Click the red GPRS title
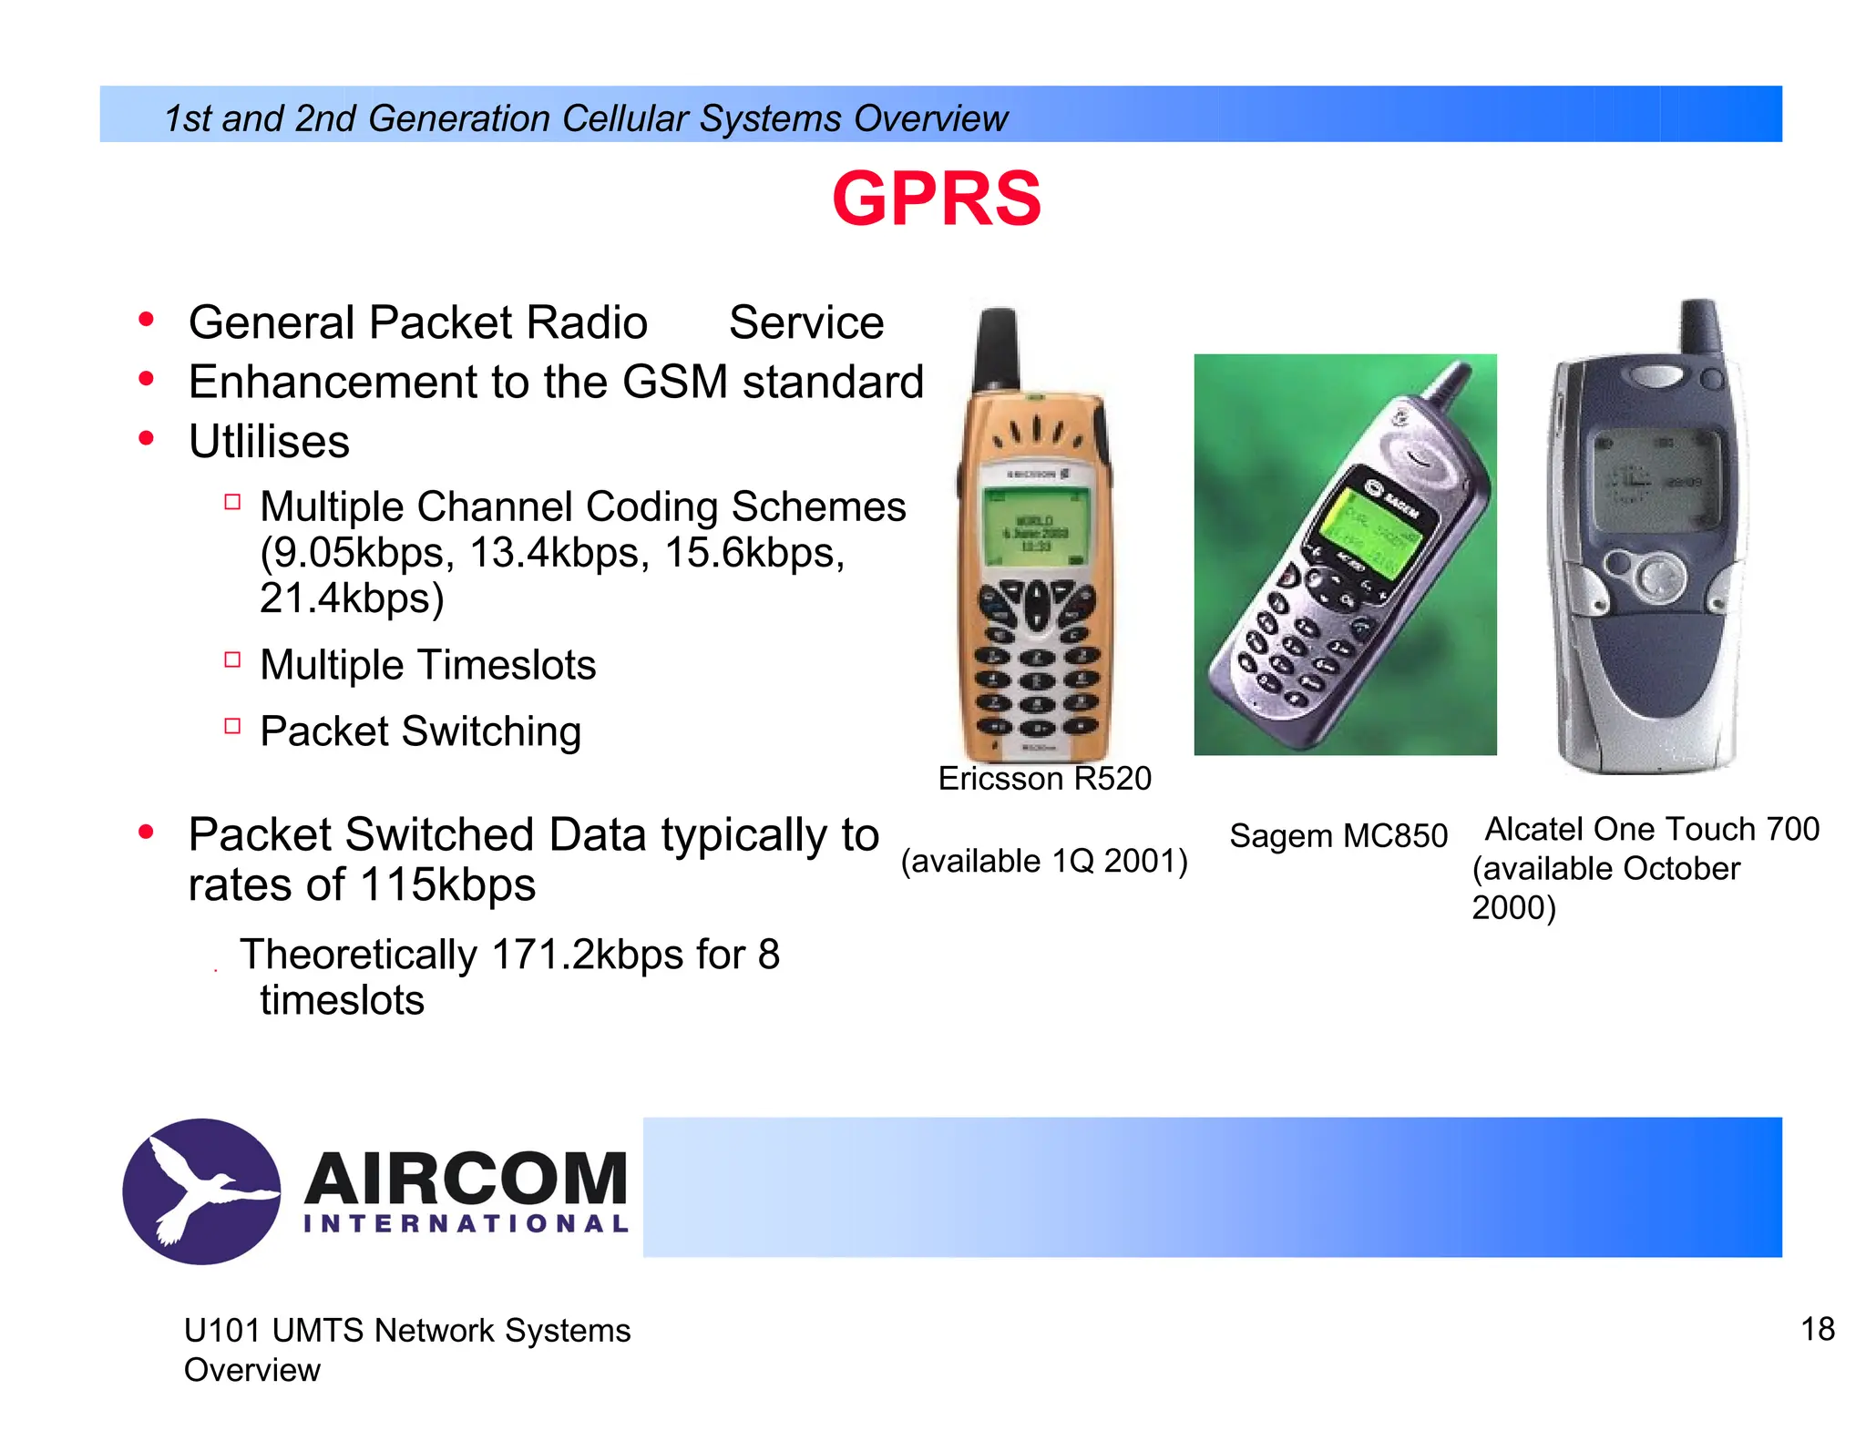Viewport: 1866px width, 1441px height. [936, 199]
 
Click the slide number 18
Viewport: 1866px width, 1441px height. [1817, 1329]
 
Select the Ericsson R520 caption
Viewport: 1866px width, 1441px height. [1044, 779]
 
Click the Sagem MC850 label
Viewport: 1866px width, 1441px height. [1338, 835]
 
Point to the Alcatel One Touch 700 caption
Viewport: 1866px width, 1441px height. [1651, 829]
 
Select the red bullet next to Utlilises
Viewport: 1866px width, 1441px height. [146, 439]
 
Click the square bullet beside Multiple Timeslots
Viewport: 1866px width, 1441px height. [232, 659]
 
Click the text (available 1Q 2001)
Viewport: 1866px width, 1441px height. [1044, 861]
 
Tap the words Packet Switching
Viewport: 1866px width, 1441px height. [420, 731]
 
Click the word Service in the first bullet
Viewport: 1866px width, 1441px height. [805, 322]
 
